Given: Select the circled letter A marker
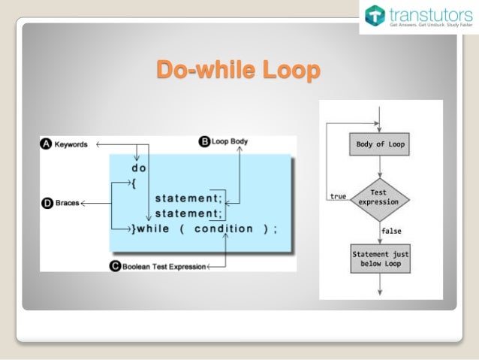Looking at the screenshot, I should pos(46,144).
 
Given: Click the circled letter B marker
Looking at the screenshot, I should pos(204,141).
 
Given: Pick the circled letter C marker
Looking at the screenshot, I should pos(116,265).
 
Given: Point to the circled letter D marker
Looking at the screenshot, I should pos(47,203).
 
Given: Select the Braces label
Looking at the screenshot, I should pos(66,203).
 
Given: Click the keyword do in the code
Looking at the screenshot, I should pos(139,168).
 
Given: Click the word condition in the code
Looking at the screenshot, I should pos(224,228).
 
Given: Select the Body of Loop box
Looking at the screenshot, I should pos(380,144).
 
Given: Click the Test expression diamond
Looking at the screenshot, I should pos(380,197).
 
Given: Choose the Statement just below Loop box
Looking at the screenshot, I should pos(380,259).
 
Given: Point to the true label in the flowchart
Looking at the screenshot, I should pos(338,196).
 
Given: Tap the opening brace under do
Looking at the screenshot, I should pos(134,183).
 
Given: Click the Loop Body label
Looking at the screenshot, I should pos(230,141).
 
